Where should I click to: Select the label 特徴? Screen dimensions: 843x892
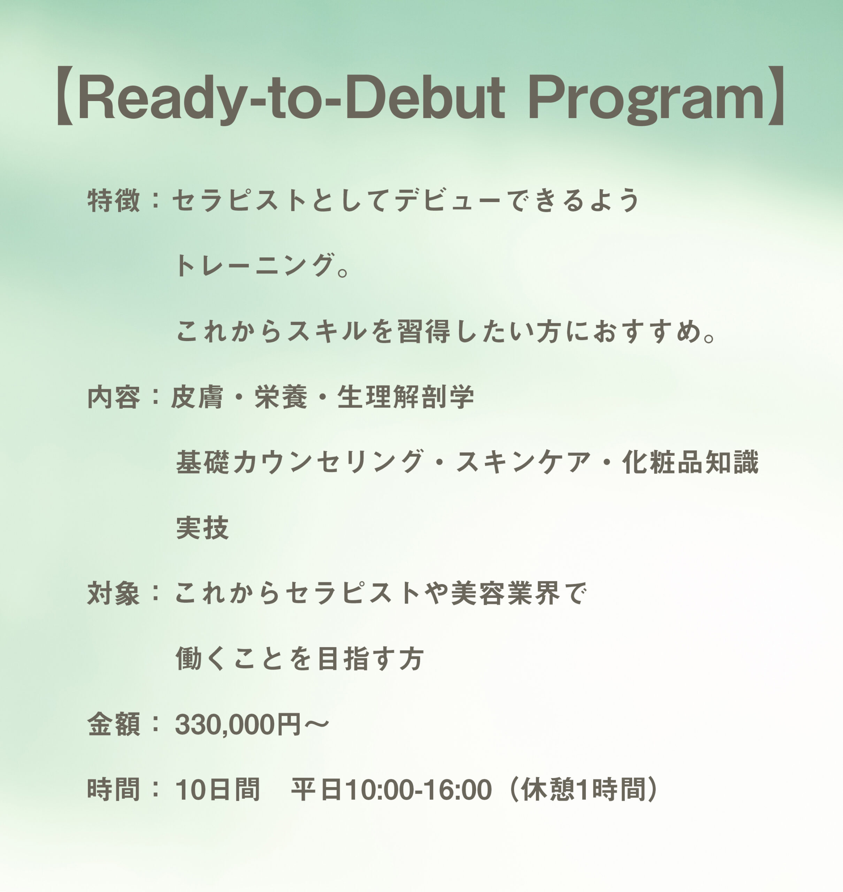point(113,200)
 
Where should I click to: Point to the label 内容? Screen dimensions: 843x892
point(113,397)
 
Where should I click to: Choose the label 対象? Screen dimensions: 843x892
point(113,593)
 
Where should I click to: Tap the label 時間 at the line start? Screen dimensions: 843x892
point(113,790)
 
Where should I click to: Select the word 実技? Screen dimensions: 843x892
point(202,528)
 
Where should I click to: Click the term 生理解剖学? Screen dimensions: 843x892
point(405,397)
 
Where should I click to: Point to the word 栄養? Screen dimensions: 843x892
point(281,397)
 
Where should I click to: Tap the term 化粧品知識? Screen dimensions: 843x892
point(691,462)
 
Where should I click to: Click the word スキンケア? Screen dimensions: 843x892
point(524,462)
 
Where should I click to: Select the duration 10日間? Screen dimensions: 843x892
point(217,790)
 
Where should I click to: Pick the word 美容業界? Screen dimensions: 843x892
point(506,593)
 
